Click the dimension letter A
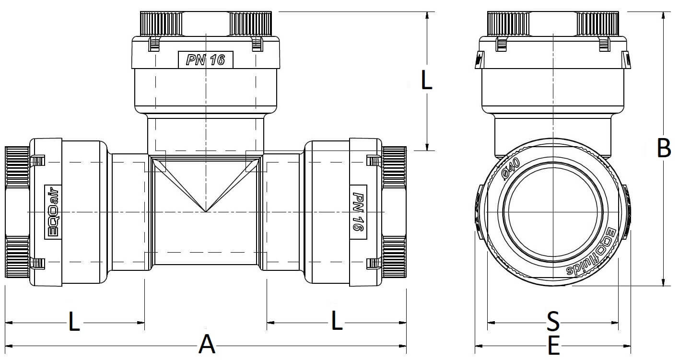coord(207,344)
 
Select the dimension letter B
coord(664,148)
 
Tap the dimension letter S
coord(553,321)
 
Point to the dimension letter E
coord(554,345)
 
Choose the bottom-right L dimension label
coord(337,320)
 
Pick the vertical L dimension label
coord(426,80)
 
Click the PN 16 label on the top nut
coord(206,60)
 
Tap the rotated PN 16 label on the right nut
coord(358,212)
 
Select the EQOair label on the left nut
coord(53,212)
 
